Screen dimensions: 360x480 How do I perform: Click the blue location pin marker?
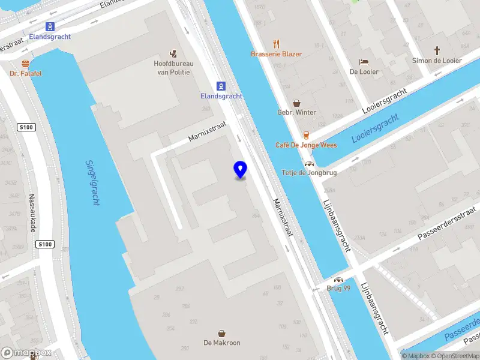pos(241,170)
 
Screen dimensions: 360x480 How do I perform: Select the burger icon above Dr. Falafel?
pos(25,63)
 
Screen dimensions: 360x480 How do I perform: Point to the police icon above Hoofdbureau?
pos(174,52)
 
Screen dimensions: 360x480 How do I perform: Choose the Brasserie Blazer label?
pos(277,54)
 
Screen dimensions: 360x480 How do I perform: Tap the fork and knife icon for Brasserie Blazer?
pos(277,43)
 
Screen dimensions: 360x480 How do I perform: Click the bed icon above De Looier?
pos(364,61)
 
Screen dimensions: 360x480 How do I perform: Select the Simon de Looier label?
pos(437,61)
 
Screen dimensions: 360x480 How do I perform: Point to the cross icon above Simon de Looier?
pos(437,50)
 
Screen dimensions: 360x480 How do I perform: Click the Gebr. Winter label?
pos(296,112)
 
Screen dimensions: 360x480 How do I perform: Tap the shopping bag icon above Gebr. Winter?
pos(296,103)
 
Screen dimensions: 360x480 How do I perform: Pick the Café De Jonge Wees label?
pos(306,145)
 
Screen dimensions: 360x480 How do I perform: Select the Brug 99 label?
pos(338,289)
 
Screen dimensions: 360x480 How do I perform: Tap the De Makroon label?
pos(222,343)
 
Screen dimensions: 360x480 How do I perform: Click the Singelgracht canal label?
pos(92,182)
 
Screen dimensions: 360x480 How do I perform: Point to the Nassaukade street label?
pos(33,213)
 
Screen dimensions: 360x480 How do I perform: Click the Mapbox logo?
pos(26,353)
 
